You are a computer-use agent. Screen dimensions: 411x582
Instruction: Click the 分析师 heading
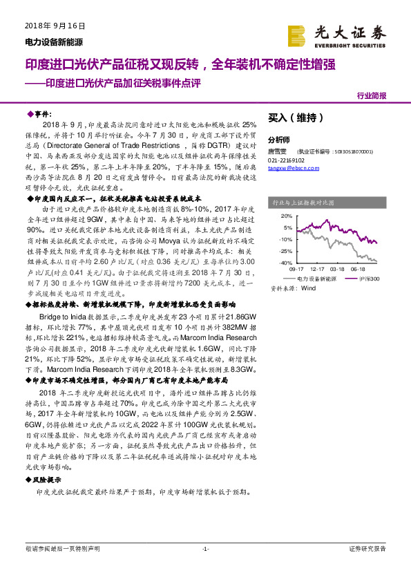[279, 138]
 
